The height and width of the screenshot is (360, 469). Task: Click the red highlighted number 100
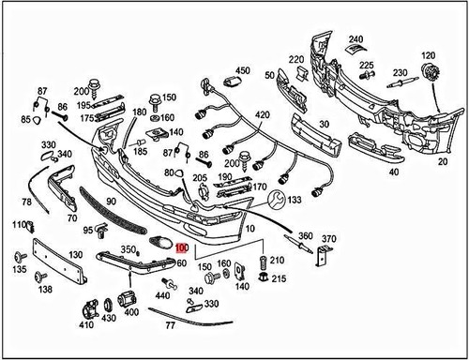[182, 249]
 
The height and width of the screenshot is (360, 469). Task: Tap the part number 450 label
[243, 71]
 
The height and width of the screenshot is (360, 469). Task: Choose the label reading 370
[328, 240]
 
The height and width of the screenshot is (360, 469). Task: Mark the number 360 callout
[305, 235]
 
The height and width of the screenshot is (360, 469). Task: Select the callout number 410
[86, 326]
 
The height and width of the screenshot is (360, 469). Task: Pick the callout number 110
[19, 226]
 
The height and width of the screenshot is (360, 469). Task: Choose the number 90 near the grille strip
[110, 202]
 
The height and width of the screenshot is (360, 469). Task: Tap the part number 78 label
[26, 202]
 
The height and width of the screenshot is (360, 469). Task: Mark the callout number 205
[200, 178]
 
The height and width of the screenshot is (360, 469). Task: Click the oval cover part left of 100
[160, 244]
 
